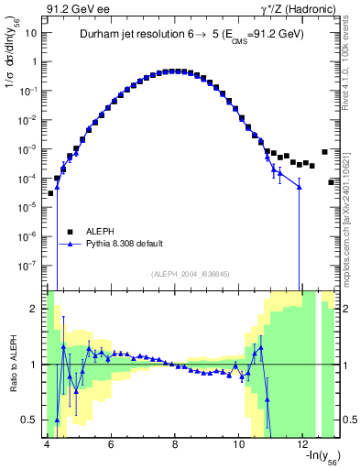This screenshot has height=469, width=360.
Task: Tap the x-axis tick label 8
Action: click(175, 442)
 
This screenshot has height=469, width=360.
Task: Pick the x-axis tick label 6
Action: click(111, 442)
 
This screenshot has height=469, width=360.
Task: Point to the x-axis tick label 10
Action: click(239, 442)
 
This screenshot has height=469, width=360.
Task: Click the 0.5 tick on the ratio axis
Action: click(31, 420)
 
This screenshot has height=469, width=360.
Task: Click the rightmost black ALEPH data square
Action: click(332, 182)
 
